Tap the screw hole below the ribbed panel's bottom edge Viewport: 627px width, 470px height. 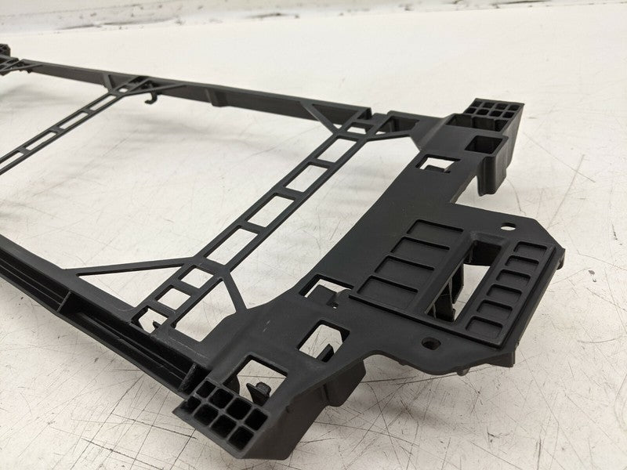tap(429, 342)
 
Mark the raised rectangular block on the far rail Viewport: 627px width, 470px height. tap(218, 97)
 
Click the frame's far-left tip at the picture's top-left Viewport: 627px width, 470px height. tap(4, 51)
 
